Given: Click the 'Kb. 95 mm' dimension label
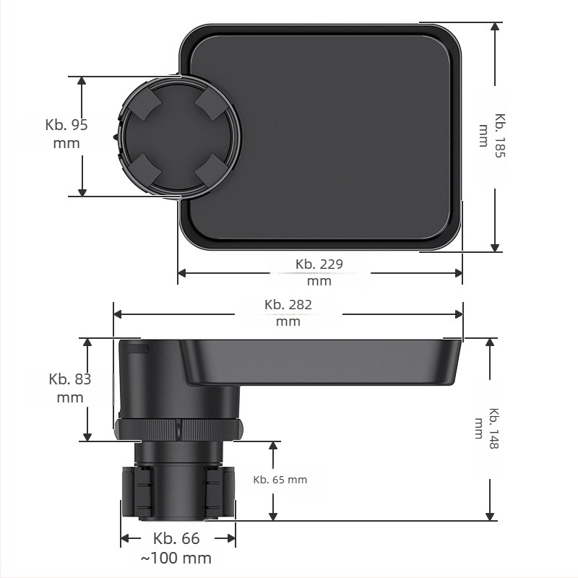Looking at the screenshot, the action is coord(66,134).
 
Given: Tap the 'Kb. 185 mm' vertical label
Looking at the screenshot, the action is coord(492,136).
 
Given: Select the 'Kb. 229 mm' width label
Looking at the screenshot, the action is coord(319,272).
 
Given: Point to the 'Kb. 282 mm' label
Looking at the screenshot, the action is coord(288,313).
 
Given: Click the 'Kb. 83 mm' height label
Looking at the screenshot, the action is coord(70,388).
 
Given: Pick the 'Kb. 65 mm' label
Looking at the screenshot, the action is coord(280,480).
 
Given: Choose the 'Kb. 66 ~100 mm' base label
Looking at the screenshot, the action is coord(176,548).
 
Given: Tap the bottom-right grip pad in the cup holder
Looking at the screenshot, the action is coord(210,170).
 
